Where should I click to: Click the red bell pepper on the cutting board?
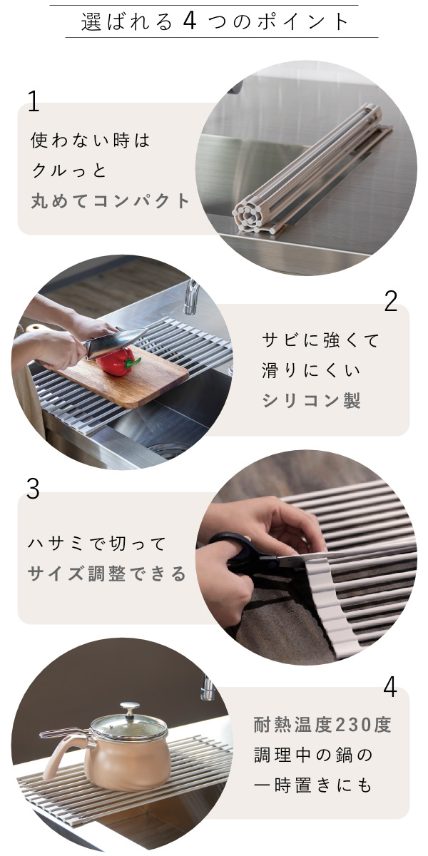click(x=117, y=362)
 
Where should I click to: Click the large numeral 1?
click(x=34, y=101)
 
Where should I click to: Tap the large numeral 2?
click(x=391, y=301)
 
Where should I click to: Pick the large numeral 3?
click(x=33, y=489)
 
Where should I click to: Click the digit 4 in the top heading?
click(x=190, y=21)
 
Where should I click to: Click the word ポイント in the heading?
click(x=302, y=22)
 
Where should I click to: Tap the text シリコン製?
click(x=311, y=400)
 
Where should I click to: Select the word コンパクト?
click(x=142, y=201)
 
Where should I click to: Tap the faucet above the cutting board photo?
click(x=191, y=296)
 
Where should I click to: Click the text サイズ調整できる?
click(x=107, y=574)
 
